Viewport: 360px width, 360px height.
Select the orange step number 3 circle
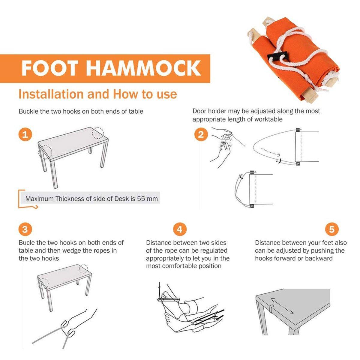[x=25, y=229]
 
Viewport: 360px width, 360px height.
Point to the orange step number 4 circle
[x=179, y=229]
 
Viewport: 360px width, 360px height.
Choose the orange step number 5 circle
[x=332, y=229]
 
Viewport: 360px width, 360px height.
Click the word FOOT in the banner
[x=50, y=68]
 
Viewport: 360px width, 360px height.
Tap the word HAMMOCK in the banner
[x=143, y=68]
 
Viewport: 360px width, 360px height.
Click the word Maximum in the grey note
[x=39, y=199]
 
